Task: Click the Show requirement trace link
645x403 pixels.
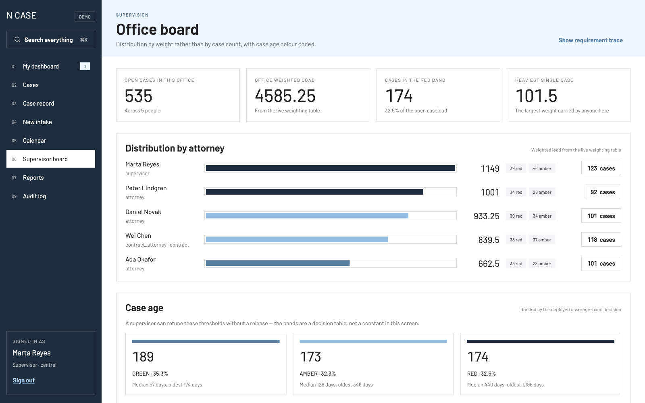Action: tap(590, 40)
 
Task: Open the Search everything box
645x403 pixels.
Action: tap(51, 39)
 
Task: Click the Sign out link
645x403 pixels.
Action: tap(24, 380)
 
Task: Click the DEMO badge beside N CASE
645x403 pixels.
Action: tap(85, 17)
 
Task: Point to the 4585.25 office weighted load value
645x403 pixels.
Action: tap(285, 96)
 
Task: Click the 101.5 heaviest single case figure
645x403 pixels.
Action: tap(536, 96)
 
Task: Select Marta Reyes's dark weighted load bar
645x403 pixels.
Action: tap(331, 168)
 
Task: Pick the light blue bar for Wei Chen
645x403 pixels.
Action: tap(297, 239)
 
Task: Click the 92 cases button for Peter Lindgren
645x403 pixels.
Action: tap(603, 192)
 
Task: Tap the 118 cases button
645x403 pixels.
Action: tap(601, 239)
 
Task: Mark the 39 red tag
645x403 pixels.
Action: tap(516, 168)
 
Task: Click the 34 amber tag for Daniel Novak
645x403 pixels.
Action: tap(542, 216)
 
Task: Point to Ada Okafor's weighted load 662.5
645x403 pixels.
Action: tap(489, 264)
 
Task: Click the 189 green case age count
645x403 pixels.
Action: tap(143, 357)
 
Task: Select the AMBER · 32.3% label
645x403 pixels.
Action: tap(318, 374)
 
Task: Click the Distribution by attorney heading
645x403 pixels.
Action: tap(175, 148)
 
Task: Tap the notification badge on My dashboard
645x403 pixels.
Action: tap(85, 66)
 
